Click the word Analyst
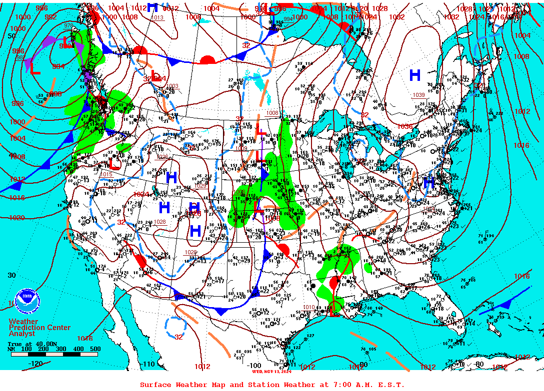[x=22, y=333]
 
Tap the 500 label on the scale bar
[x=94, y=349]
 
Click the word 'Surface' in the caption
[x=155, y=385]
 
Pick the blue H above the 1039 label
[x=414, y=75]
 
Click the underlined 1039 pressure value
[x=418, y=95]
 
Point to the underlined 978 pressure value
[x=68, y=26]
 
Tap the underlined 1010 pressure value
[x=309, y=307]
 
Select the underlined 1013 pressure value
[x=157, y=18]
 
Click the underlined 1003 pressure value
[x=172, y=86]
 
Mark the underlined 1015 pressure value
[x=106, y=174]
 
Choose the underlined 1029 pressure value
[x=201, y=184]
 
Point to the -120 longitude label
[x=35, y=364]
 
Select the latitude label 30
[x=11, y=275]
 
